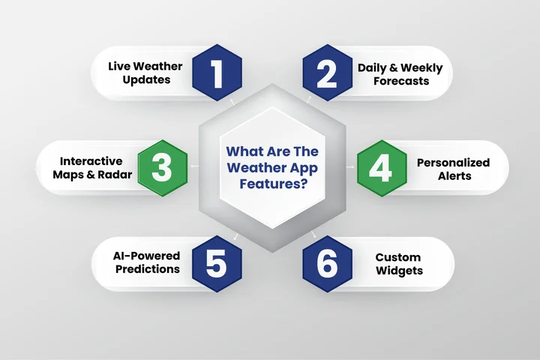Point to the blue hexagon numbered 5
(217, 263)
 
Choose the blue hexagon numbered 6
(324, 263)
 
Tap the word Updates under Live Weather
(150, 80)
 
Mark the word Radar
(114, 175)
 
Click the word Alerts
(453, 175)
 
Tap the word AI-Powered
(145, 256)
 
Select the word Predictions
(145, 269)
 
